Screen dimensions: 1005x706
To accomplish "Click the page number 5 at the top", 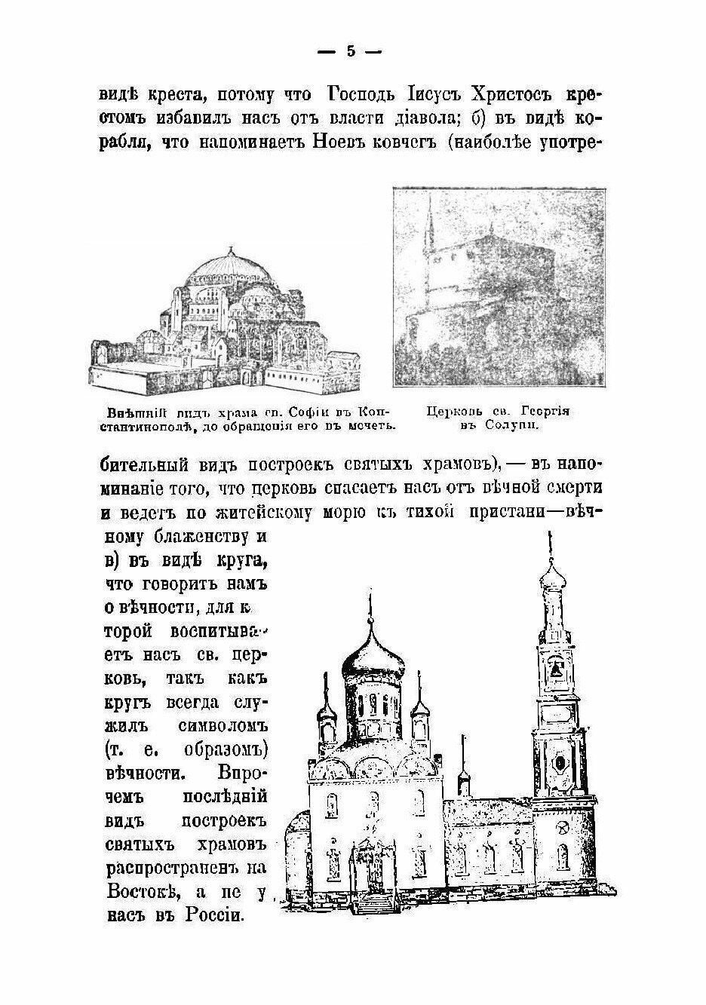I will [x=350, y=51].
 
